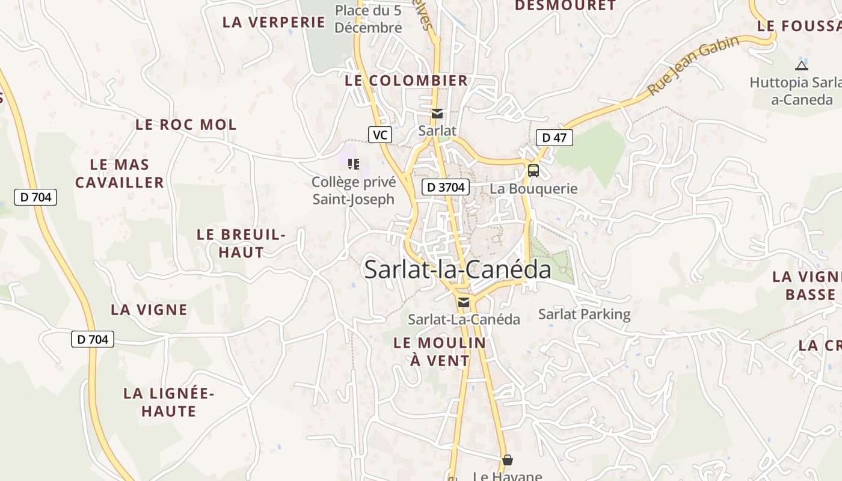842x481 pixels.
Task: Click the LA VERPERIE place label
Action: pos(274,22)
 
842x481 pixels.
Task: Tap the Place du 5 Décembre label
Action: pos(368,19)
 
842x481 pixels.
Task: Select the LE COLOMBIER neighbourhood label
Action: pos(406,81)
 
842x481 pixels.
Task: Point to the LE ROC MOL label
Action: pos(186,125)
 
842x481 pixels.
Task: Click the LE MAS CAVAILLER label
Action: pos(120,173)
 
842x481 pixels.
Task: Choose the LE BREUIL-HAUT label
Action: pos(241,243)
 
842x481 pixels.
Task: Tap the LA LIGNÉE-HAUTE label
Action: pos(168,402)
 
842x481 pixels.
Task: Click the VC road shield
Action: pos(380,135)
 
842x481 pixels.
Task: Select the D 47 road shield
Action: pos(554,138)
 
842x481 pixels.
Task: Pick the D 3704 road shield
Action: pos(445,187)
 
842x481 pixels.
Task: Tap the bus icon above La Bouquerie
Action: pos(533,171)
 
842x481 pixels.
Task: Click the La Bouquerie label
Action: pos(533,189)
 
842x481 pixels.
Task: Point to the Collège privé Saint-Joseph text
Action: pos(354,191)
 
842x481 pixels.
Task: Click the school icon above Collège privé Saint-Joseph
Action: pos(354,164)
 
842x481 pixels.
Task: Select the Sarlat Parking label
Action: pos(584,314)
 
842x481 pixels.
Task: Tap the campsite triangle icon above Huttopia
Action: pos(801,66)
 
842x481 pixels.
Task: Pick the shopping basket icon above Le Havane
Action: pos(508,460)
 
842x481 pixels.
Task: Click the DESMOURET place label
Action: pos(565,6)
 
